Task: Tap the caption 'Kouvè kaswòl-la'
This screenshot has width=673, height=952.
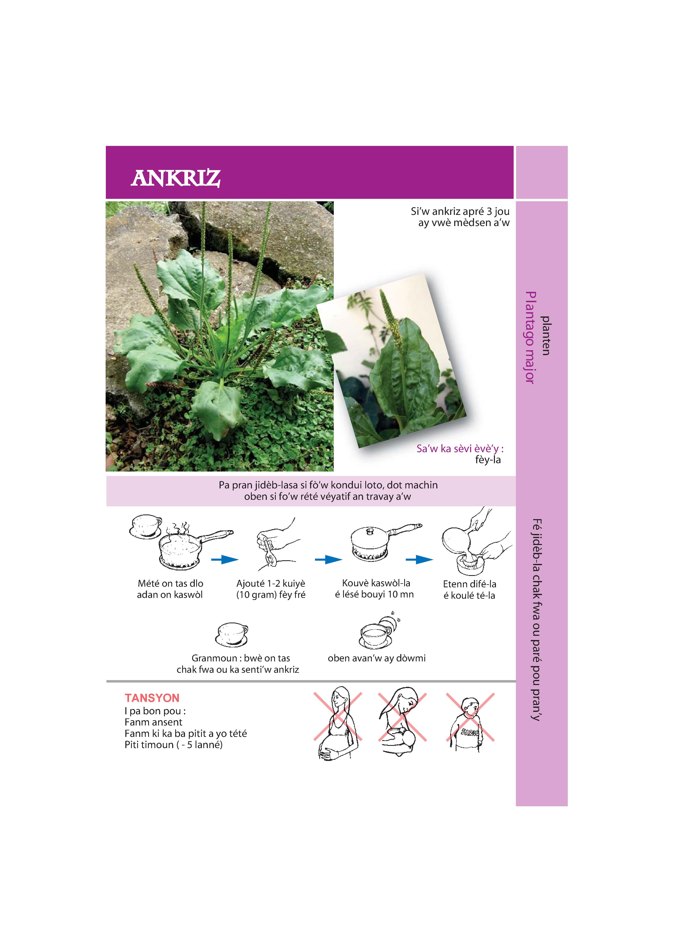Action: (x=376, y=583)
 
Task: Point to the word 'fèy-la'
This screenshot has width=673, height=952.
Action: (x=488, y=460)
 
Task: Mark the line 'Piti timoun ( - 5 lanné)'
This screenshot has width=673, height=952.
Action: (x=173, y=745)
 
